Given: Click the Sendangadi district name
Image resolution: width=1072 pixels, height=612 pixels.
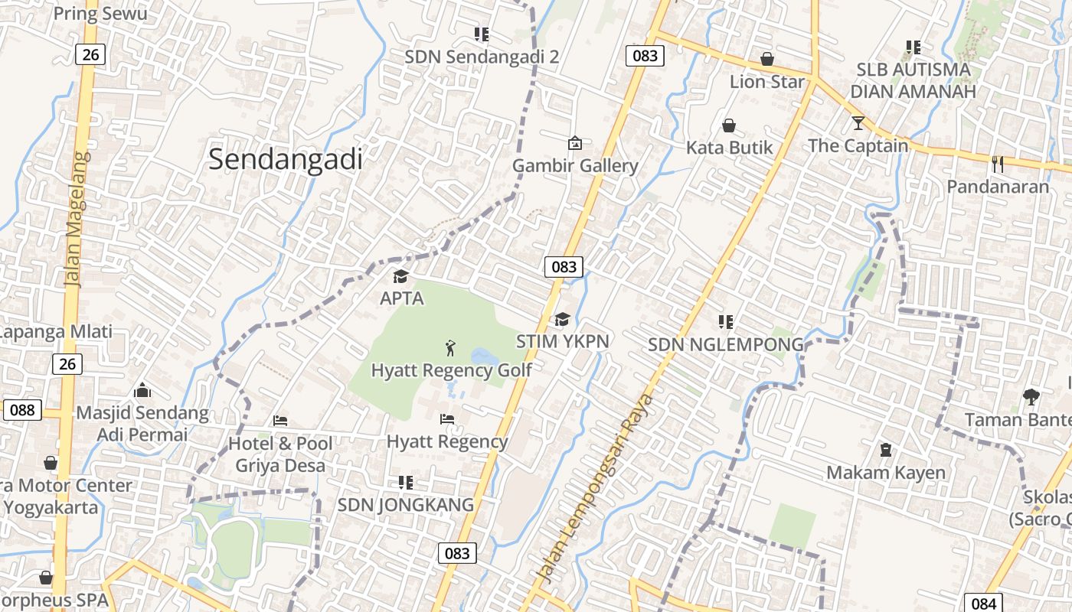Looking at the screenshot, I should (x=285, y=159).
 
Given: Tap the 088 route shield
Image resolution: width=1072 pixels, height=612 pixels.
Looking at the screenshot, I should (x=22, y=410).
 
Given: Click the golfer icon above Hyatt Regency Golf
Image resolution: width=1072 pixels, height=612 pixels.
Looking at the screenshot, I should (x=450, y=349).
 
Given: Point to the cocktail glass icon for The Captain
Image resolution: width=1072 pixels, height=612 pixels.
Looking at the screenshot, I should (x=858, y=122).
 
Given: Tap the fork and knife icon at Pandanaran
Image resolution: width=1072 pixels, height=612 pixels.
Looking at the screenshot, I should (x=997, y=164).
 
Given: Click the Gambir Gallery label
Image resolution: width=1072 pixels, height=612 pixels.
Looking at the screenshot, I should (x=574, y=165).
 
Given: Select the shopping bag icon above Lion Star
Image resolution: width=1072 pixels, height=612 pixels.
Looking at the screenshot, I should (x=766, y=59).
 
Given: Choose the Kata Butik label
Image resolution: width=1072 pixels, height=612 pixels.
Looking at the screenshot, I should (x=729, y=147).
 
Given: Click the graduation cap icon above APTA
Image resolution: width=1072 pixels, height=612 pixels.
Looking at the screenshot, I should (x=401, y=276).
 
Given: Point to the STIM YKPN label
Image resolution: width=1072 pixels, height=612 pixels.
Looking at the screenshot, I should (x=562, y=341).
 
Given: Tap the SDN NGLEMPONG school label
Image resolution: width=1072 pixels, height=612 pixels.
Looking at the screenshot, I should (x=726, y=344).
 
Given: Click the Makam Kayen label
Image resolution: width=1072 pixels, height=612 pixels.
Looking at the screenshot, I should (x=886, y=472).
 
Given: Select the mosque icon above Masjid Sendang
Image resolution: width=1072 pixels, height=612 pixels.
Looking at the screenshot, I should (x=142, y=391).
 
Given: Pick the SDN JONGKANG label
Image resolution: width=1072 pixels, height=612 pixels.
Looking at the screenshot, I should (x=406, y=505).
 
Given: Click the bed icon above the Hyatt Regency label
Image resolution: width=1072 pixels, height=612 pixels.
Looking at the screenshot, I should (x=447, y=419).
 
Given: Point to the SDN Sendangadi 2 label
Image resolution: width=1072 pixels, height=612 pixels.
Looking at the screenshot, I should (x=482, y=57).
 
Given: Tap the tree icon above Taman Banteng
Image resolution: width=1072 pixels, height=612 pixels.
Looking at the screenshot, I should (x=1031, y=396).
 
